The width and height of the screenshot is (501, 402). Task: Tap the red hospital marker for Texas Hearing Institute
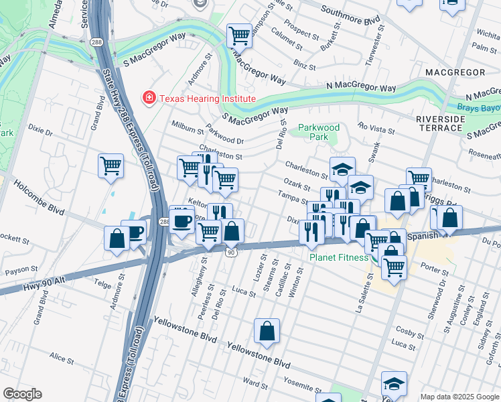pos(148,98)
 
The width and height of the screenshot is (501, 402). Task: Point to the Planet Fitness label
pos(338,257)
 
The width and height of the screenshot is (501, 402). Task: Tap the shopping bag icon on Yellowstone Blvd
pos(267,331)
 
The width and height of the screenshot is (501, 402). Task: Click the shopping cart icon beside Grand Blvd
pos(111,165)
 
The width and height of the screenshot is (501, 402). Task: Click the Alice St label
pos(62,359)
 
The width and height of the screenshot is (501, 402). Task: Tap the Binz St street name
pos(304,64)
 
